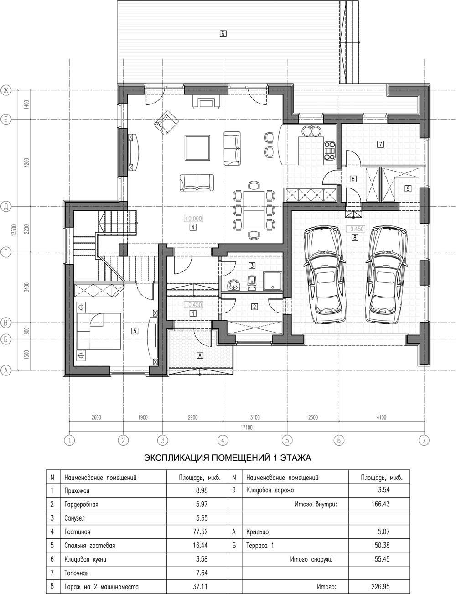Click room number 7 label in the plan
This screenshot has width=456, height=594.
(x=380, y=144)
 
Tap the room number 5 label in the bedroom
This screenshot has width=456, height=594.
(x=135, y=331)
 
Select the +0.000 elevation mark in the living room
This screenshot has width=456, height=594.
(x=193, y=219)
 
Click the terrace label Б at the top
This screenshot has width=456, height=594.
(x=223, y=34)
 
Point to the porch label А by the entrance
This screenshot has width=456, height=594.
(x=200, y=355)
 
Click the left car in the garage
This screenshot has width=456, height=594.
(x=326, y=275)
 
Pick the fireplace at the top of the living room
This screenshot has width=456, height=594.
(x=206, y=102)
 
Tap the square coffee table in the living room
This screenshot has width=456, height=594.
(x=197, y=148)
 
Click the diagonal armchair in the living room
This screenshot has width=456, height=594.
(x=166, y=123)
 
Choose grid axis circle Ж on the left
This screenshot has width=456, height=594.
(x=6, y=90)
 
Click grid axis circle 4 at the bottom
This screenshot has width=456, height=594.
(x=223, y=440)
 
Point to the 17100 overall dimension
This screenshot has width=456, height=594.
(x=246, y=427)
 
